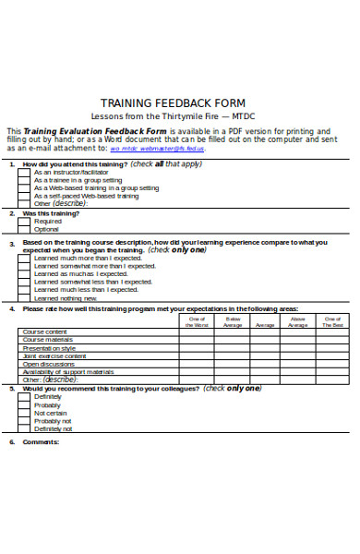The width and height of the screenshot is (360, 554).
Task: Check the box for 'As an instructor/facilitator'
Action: point(25,172)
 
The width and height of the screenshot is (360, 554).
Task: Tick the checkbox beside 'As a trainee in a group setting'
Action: point(25,180)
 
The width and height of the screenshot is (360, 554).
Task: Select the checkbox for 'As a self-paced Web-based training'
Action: point(25,196)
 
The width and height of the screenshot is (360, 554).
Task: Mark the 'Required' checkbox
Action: point(25,222)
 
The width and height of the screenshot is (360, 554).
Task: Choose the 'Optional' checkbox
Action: point(25,230)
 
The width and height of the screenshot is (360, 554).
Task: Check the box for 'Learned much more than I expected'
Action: point(25,258)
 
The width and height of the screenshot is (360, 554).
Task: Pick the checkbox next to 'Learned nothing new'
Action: point(25,298)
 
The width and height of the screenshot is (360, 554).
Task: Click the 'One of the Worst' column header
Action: point(197,322)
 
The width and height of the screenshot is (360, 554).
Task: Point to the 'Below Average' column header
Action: point(232,322)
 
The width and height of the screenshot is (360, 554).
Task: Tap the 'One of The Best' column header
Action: point(332,322)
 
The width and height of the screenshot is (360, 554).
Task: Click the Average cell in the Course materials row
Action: point(265,340)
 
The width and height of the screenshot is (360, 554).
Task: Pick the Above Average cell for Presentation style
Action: point(298,348)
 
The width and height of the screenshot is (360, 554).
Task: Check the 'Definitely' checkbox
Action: point(25,397)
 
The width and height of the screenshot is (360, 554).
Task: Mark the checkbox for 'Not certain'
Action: point(25,413)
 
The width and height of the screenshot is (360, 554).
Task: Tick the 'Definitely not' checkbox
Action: point(25,428)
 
